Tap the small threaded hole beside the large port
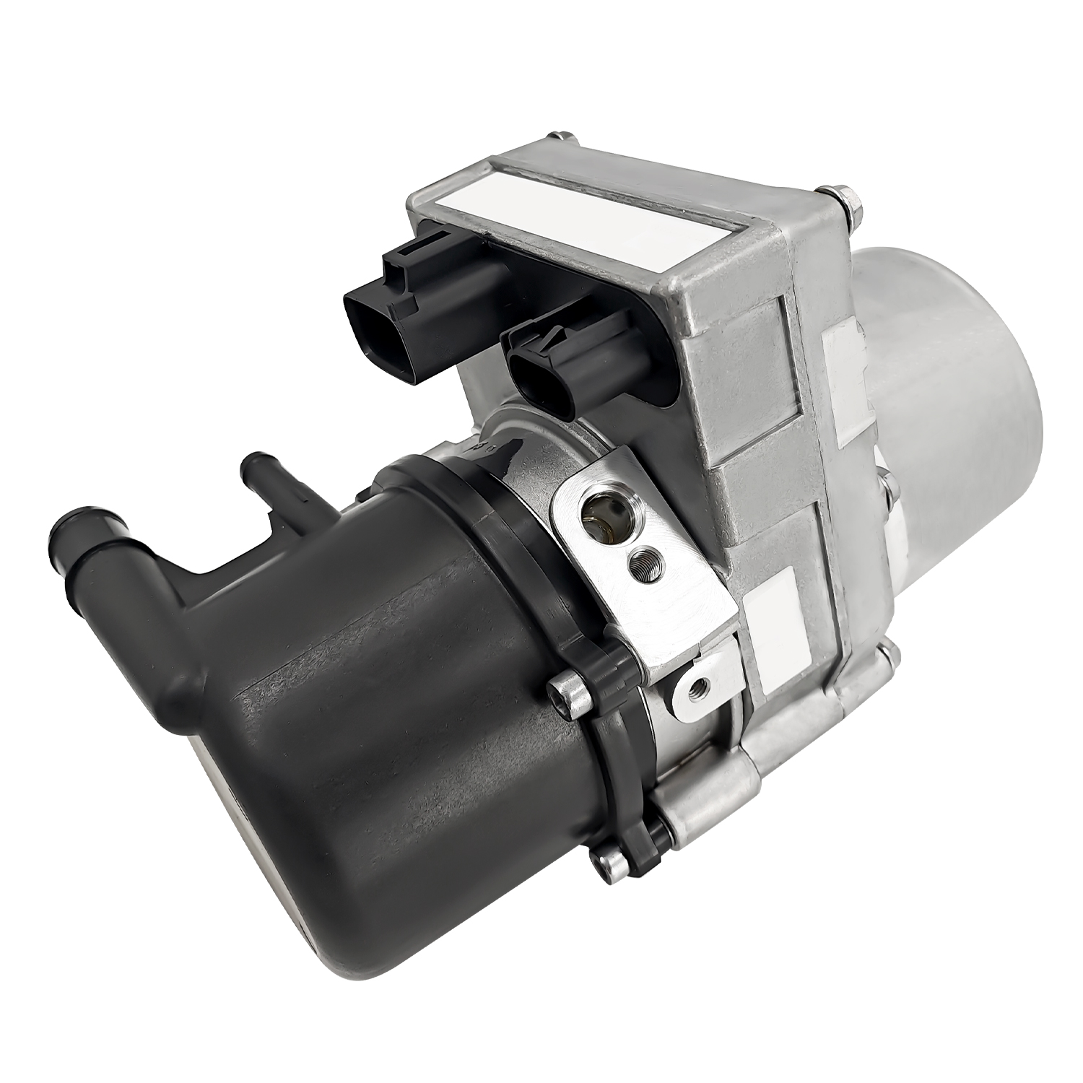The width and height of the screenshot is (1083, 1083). pos(638,560)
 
